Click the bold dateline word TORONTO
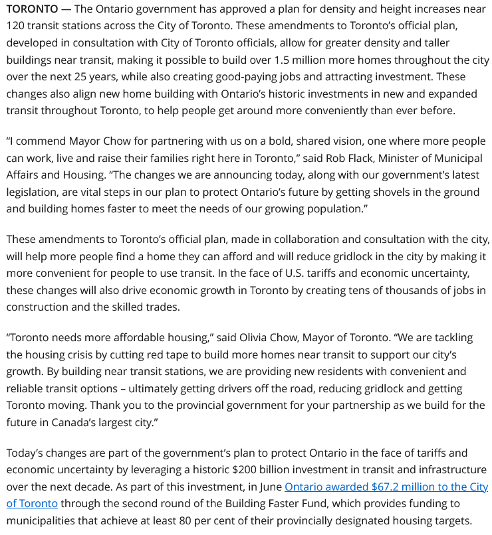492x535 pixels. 32,9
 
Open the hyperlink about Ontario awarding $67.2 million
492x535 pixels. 386,487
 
